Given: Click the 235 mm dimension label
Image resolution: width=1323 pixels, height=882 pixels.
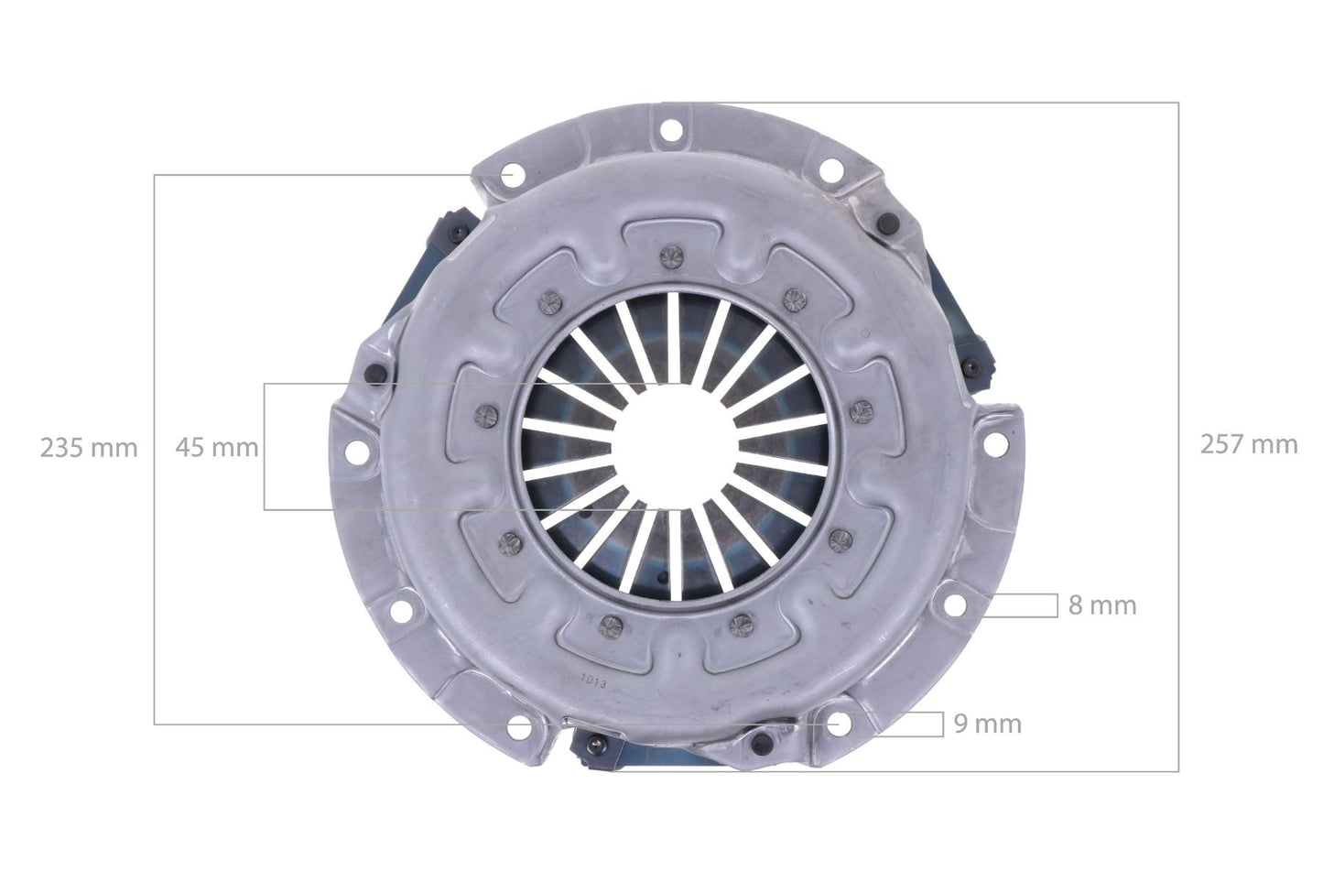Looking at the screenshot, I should click(88, 448).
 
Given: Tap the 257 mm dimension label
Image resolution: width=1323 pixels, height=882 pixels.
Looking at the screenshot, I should click(1248, 444).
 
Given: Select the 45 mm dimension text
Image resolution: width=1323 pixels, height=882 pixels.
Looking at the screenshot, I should click(217, 448).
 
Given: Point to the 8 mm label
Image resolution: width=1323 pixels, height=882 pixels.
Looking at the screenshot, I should click(1102, 605).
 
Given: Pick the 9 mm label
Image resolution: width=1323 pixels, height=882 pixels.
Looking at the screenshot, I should click(987, 724).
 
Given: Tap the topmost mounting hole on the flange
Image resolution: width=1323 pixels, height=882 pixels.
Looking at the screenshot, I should click(667, 127).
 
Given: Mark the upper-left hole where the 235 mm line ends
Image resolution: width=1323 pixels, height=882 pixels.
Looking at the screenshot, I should click(511, 174).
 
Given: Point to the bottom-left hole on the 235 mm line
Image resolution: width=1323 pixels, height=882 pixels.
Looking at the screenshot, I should click(522, 725).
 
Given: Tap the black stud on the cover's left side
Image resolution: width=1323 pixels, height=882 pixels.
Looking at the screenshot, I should click(373, 373).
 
